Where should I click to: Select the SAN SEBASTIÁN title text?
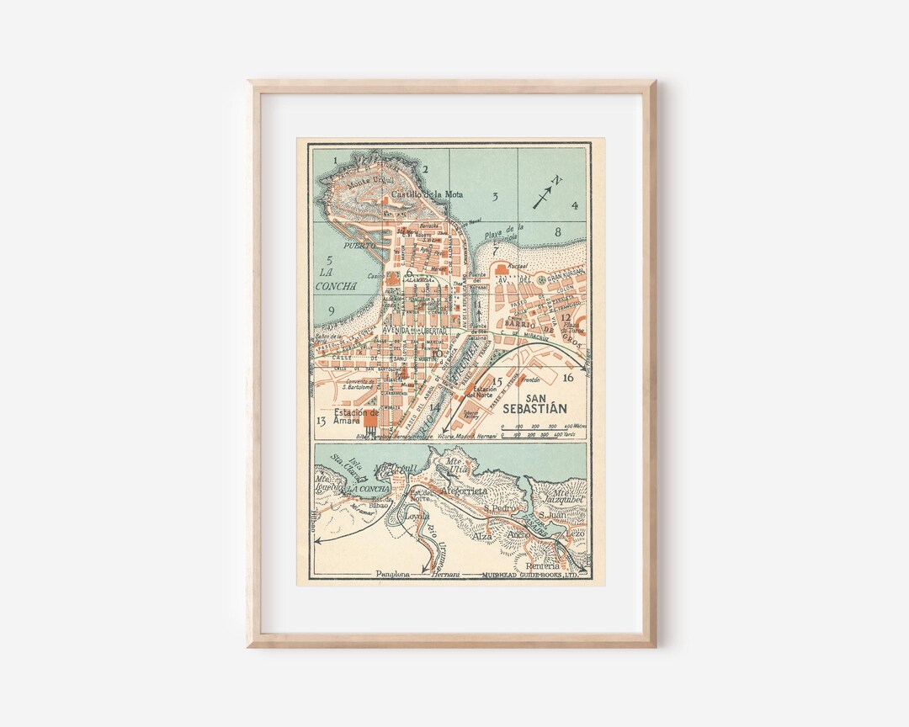pos(534,404)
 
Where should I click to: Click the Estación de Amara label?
pos(356,417)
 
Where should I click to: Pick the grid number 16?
pos(568,378)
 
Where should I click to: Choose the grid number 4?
pos(575,205)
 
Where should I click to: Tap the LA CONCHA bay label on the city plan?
pos(335,279)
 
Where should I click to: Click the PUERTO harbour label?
pos(343,245)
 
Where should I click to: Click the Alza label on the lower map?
pos(481,535)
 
